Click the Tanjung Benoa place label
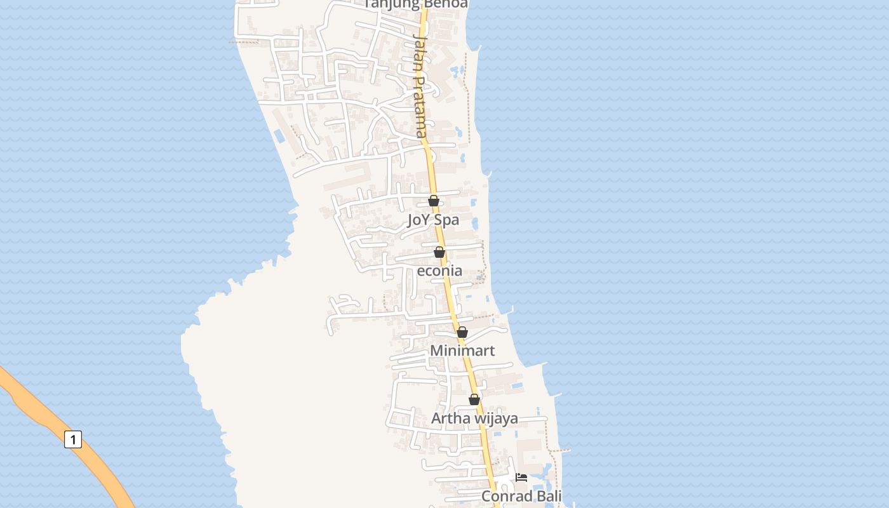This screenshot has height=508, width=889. pos(416,4)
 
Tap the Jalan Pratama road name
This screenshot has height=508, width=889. pos(421,85)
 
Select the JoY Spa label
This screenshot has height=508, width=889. pos(433,220)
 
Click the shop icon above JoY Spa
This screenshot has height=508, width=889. pos(434,201)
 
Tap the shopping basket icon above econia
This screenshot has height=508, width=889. pos(439,253)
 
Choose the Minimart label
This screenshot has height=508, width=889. pos(462,351)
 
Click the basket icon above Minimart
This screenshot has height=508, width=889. pos(462,332)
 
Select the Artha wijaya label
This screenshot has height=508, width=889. pos(474,418)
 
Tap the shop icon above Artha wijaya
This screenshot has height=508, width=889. pos(474,399)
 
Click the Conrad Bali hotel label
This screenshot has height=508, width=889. pos(521,496)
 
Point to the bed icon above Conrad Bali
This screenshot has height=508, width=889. pos(521,478)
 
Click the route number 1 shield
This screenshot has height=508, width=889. pos(73,439)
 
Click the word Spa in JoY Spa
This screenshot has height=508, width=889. pos(446,220)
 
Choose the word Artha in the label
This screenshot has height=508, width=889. pos(448,418)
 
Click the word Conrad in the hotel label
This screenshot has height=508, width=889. pos(506,496)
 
